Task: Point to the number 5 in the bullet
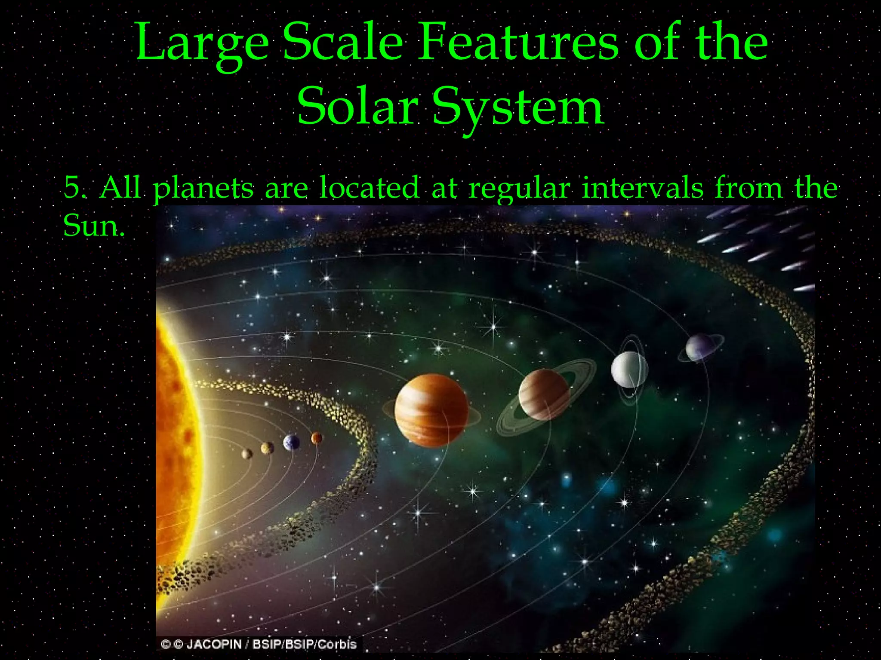pos(72,188)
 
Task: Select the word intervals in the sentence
pos(643,188)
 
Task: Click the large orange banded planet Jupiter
pos(431,410)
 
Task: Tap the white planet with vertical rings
pos(629,370)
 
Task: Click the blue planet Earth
pos(291,442)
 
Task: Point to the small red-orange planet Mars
pos(317,438)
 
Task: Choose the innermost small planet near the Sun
pos(247,454)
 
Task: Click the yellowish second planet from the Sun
pos(267,448)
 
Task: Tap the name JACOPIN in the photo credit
pos(214,645)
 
